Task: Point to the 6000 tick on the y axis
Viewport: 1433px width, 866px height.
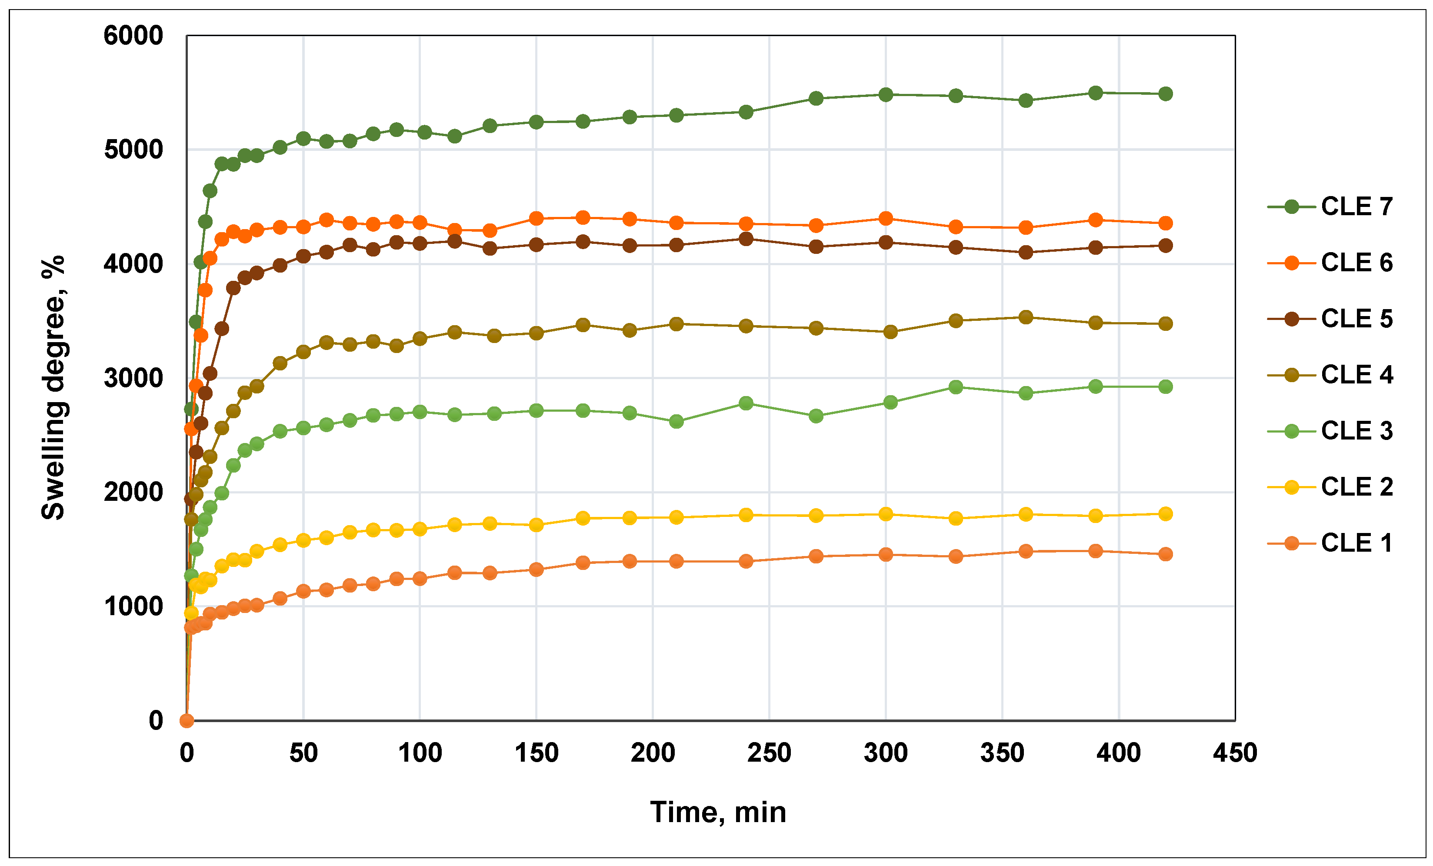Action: pos(133,36)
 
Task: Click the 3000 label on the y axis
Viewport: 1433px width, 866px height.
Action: pos(133,379)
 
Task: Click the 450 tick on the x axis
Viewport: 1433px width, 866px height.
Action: pos(1235,753)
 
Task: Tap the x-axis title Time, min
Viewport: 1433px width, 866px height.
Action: pos(718,813)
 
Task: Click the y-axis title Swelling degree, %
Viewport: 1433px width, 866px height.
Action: pos(53,387)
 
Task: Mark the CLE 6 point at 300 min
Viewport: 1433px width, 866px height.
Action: pos(886,219)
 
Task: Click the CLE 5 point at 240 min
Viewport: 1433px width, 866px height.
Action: pos(746,239)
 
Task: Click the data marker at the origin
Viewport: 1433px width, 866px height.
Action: pos(187,721)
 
